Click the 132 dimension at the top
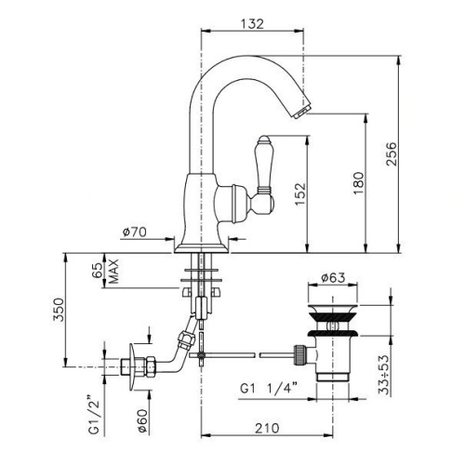[252, 24]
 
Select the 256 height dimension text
[392, 154]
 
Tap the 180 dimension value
[358, 183]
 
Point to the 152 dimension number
[300, 194]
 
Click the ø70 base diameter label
[135, 232]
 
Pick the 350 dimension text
[59, 310]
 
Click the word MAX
[113, 272]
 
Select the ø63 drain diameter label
[333, 278]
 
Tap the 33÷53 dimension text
[383, 375]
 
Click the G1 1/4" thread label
[269, 388]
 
